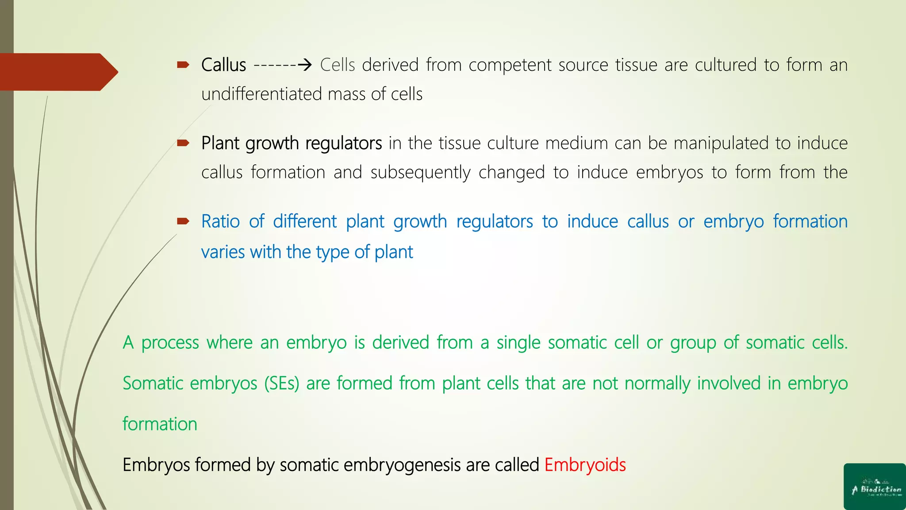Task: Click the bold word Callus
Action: click(223, 65)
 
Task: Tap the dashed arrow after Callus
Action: click(283, 66)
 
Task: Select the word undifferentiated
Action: click(261, 94)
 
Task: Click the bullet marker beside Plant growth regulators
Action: click(183, 143)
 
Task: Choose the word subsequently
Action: click(420, 173)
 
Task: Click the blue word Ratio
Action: click(220, 221)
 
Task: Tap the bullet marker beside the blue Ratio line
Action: click(183, 221)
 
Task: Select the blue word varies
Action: click(223, 252)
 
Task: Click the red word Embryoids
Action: click(585, 465)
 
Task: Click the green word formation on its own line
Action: click(160, 424)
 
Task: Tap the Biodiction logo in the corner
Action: click(875, 487)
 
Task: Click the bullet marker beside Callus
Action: click(183, 65)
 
